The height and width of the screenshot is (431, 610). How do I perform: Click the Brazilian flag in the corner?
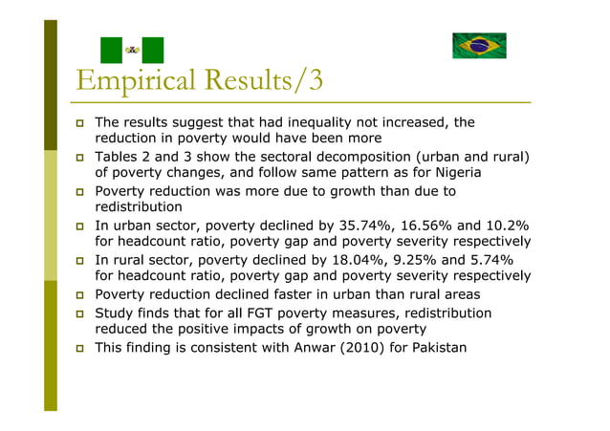point(479,46)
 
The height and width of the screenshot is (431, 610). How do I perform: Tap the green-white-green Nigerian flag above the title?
point(133,51)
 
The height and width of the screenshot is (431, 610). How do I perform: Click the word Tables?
point(118,157)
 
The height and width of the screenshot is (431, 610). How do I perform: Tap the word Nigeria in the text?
point(454,173)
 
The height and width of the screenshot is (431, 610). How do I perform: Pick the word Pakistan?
point(439,347)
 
